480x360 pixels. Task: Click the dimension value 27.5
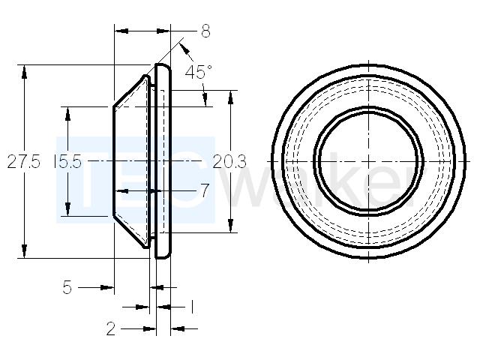click(x=23, y=161)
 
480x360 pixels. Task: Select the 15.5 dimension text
click(x=67, y=161)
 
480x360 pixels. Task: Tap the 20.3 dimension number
click(x=229, y=162)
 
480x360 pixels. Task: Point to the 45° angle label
click(x=198, y=72)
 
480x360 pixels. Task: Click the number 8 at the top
click(x=205, y=31)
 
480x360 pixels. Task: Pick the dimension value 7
click(x=205, y=190)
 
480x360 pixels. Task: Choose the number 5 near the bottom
click(x=67, y=287)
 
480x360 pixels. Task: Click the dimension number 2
click(x=111, y=328)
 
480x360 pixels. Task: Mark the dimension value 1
click(x=192, y=307)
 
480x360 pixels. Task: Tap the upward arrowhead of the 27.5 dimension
click(x=24, y=72)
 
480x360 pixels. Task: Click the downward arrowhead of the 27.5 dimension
click(x=24, y=251)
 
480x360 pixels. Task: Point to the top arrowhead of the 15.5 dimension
click(x=68, y=113)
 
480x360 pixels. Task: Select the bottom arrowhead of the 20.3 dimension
click(x=231, y=226)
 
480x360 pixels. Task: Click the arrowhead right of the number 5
click(x=107, y=287)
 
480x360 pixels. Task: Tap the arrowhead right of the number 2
click(x=150, y=329)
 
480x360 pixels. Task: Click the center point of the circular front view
click(x=368, y=161)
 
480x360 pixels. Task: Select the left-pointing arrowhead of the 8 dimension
click(x=121, y=31)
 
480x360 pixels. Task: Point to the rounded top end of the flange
click(x=163, y=66)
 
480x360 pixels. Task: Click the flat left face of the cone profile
click(x=113, y=161)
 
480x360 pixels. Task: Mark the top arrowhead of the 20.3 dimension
click(x=231, y=97)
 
